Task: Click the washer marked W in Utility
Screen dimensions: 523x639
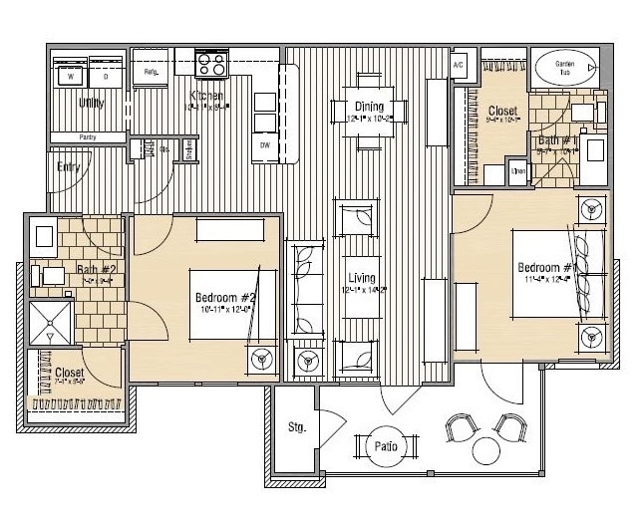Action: coord(71,75)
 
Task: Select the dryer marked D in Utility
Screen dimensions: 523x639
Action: coord(105,75)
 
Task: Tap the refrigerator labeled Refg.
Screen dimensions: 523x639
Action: coord(152,73)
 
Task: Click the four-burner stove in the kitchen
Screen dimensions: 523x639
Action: coord(212,64)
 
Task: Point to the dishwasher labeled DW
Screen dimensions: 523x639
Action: coord(265,145)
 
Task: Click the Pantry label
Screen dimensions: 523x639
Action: coord(86,137)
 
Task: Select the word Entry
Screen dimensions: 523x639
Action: coord(69,167)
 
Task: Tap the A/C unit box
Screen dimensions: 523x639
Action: coord(460,66)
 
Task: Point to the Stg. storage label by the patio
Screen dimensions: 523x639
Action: coord(295,428)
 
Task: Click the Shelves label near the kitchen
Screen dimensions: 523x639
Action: coord(188,149)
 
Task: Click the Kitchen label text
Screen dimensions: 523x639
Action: coord(206,97)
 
